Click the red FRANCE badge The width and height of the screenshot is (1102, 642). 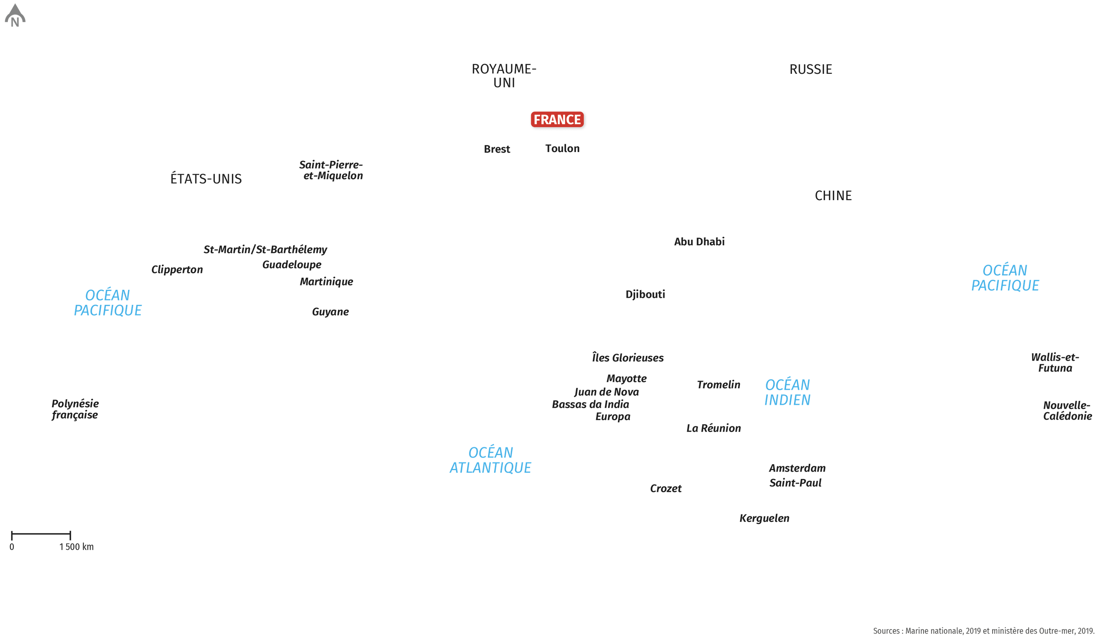pyautogui.click(x=557, y=119)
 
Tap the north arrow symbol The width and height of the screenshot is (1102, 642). pyautogui.click(x=15, y=15)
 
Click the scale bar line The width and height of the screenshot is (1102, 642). pyautogui.click(x=41, y=534)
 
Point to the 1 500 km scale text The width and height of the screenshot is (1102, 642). pyautogui.click(x=76, y=547)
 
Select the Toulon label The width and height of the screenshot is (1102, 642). pyautogui.click(x=562, y=149)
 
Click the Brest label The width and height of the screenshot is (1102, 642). pyautogui.click(x=497, y=149)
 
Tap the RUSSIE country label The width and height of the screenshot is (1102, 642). pyautogui.click(x=810, y=69)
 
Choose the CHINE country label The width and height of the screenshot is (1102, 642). pyautogui.click(x=833, y=195)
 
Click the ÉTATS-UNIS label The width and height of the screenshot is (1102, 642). pyautogui.click(x=206, y=178)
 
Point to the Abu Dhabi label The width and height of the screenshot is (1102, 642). pyautogui.click(x=699, y=242)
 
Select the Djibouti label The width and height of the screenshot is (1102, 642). pyautogui.click(x=645, y=294)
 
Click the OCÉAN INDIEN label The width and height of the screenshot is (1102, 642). pyautogui.click(x=787, y=392)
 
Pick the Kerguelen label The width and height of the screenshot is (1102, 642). pyautogui.click(x=764, y=519)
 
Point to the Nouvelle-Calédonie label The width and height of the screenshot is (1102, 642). pyautogui.click(x=1067, y=411)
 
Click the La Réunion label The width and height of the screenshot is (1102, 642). pyautogui.click(x=714, y=428)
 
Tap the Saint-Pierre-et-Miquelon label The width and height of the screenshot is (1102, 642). pyautogui.click(x=331, y=170)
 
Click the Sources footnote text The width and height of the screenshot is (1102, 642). pyautogui.click(x=983, y=631)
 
